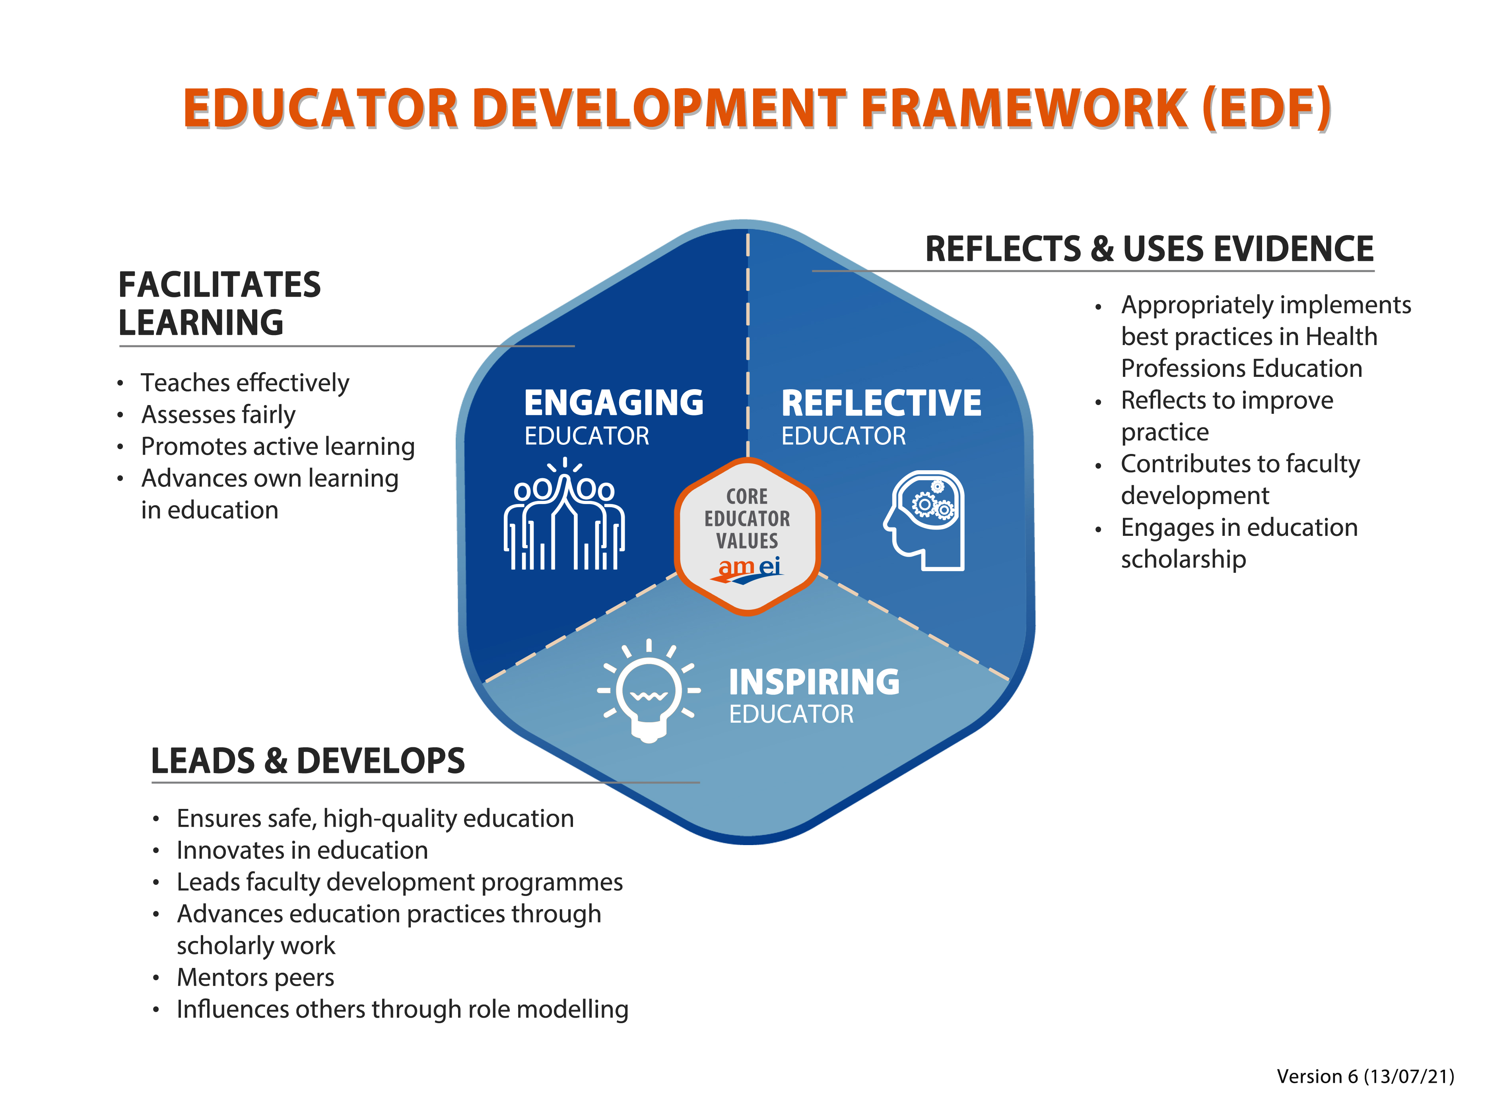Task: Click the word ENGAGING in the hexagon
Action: click(613, 403)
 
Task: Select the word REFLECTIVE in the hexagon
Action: click(881, 403)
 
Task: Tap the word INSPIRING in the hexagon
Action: click(814, 682)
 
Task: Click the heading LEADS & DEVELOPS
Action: click(307, 761)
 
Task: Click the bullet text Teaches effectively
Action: click(245, 383)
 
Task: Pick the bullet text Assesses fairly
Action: click(218, 414)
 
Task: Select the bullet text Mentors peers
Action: click(255, 977)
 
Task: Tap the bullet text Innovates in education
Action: click(302, 850)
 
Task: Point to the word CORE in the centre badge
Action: click(747, 496)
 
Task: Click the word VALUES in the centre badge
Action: click(747, 541)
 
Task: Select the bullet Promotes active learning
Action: click(278, 446)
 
